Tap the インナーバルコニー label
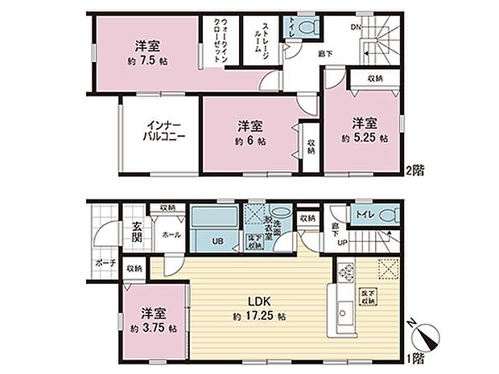[x=166, y=131]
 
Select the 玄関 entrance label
[x=138, y=231]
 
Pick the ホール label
[x=170, y=235]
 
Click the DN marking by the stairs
[x=355, y=27]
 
